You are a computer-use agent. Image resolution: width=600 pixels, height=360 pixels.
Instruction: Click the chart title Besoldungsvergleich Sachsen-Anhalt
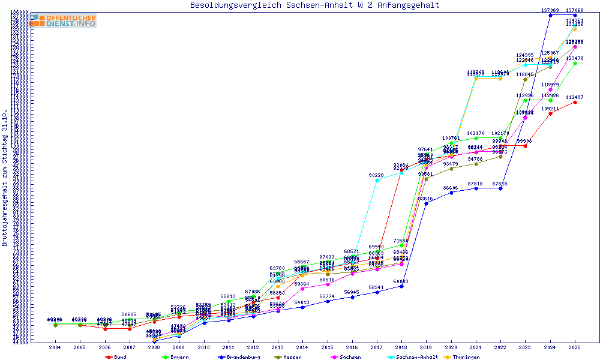(315, 5)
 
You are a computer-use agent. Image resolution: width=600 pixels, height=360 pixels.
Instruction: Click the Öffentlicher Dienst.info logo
(64, 21)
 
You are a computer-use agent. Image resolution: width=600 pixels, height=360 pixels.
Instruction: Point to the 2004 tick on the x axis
(55, 347)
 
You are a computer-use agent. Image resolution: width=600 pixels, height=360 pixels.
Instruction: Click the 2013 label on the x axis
(278, 347)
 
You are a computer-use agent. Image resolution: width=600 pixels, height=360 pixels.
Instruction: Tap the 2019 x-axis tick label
(426, 347)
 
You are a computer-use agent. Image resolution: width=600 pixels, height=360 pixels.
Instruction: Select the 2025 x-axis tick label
(575, 347)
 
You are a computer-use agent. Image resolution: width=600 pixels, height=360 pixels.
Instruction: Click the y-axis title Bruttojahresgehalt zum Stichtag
(5, 178)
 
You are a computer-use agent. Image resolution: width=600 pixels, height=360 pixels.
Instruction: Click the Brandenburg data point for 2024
(550, 15)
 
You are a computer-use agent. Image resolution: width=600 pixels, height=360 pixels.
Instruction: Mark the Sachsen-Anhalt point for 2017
(377, 180)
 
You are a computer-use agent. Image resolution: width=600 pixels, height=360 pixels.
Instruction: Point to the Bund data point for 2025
(575, 102)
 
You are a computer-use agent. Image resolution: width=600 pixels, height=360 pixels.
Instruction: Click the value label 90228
(377, 175)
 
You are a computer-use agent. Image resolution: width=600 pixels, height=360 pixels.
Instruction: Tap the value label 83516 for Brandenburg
(425, 199)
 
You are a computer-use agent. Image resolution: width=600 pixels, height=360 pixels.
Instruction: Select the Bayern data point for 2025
(575, 63)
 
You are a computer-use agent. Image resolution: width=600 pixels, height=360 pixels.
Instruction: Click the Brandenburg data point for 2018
(401, 286)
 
